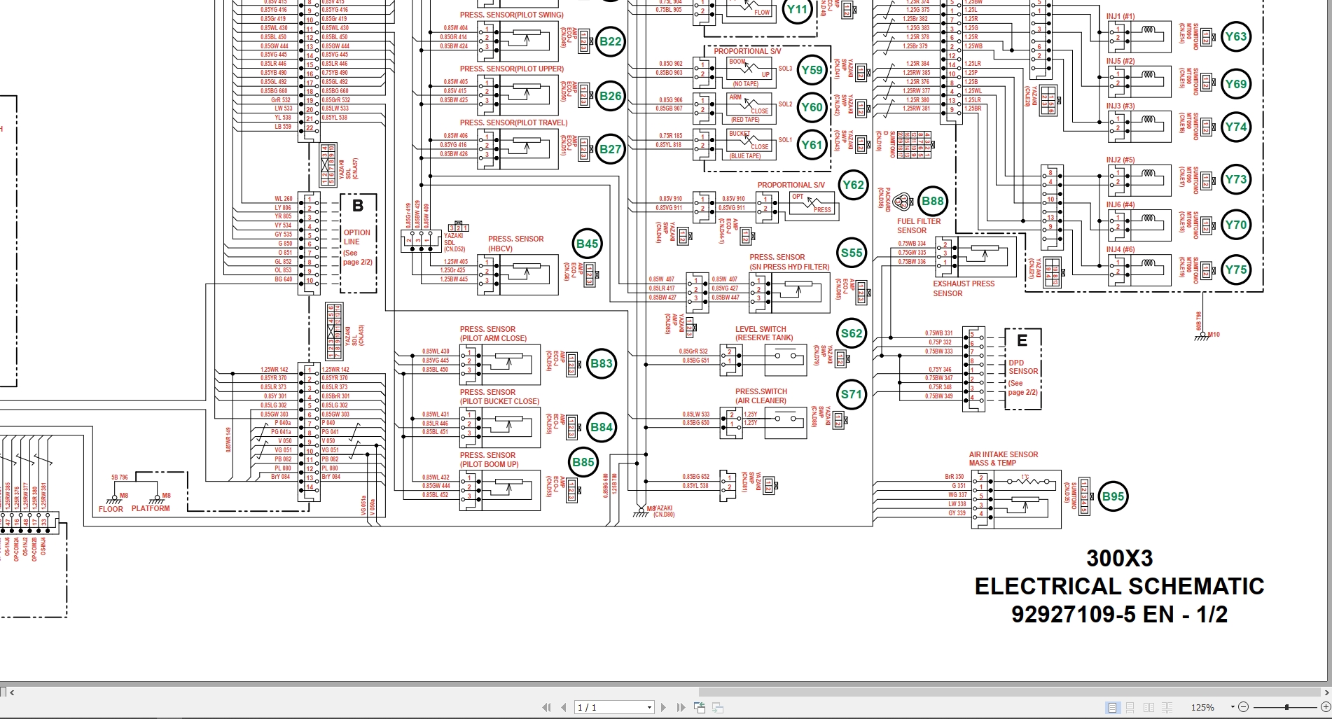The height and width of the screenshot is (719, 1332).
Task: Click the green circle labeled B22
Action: pyautogui.click(x=610, y=41)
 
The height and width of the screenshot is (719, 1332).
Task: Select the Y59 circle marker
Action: pyautogui.click(x=812, y=70)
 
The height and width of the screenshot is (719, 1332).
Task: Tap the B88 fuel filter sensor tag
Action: pyautogui.click(x=932, y=202)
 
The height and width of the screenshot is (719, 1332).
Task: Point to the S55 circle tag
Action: pyautogui.click(x=852, y=253)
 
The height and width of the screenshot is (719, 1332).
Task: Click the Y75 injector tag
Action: pyautogui.click(x=1235, y=270)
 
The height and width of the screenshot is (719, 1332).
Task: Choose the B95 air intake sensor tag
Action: pyautogui.click(x=1113, y=497)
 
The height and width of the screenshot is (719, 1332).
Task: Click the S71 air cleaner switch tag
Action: pyautogui.click(x=852, y=394)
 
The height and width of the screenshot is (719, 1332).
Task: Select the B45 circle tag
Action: pyautogui.click(x=587, y=244)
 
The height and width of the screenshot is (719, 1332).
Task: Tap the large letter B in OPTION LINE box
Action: pyautogui.click(x=358, y=206)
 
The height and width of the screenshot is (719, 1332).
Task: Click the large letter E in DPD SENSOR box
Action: pyautogui.click(x=1022, y=340)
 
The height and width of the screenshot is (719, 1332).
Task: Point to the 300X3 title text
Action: pyautogui.click(x=1119, y=558)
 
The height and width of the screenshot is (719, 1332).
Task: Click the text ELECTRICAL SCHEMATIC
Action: pyautogui.click(x=1119, y=586)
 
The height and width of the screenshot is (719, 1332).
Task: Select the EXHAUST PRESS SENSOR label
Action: pyautogui.click(x=963, y=288)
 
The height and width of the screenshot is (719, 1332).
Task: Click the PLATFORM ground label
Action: pyautogui.click(x=151, y=509)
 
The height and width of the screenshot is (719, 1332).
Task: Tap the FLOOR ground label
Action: pyautogui.click(x=111, y=509)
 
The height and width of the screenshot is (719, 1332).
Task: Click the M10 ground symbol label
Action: pyautogui.click(x=1213, y=335)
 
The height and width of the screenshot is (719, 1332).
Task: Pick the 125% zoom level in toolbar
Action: pyautogui.click(x=1202, y=708)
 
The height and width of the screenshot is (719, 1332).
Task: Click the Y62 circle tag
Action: pyautogui.click(x=853, y=186)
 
